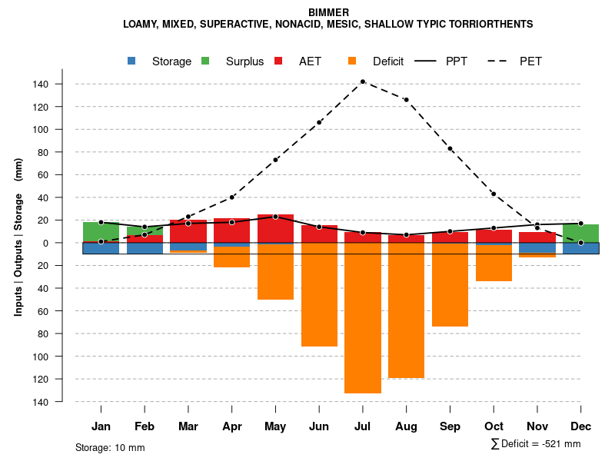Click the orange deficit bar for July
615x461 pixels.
point(362,318)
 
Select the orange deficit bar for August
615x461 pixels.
point(406,310)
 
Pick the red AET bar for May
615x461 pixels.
point(275,228)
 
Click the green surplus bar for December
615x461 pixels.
point(580,234)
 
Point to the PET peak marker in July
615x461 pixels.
point(362,81)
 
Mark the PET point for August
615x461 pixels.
point(406,100)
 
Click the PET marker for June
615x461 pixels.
point(319,122)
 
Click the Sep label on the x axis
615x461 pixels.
point(450,426)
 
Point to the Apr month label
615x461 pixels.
point(231,426)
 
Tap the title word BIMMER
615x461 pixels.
point(328,12)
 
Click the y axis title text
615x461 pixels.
point(18,237)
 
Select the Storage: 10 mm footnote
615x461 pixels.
point(110,447)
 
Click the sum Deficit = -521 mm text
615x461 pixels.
point(535,444)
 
